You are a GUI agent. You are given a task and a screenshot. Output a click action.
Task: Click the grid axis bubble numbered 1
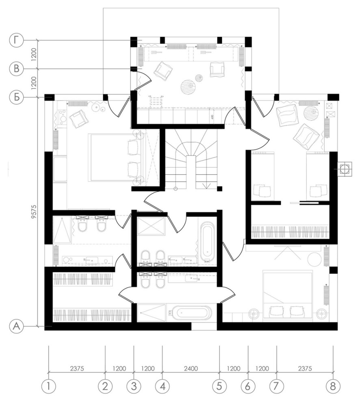coord(48,386)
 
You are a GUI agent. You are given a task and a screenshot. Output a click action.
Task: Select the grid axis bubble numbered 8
coord(333,386)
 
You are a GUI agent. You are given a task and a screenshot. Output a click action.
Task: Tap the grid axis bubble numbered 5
coord(219,386)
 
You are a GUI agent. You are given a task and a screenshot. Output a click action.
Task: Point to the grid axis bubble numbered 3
coord(134,386)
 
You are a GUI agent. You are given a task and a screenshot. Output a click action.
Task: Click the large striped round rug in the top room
coord(188,87)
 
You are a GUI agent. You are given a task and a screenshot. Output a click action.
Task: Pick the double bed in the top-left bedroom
coord(114,158)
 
